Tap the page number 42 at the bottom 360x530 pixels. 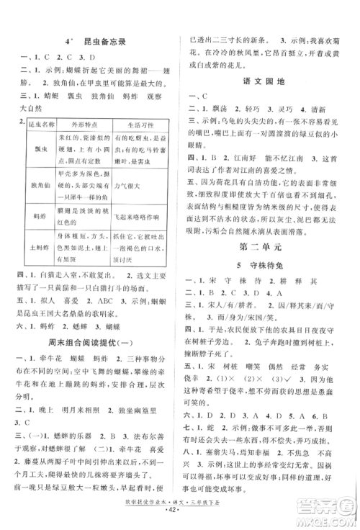point(180,518)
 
